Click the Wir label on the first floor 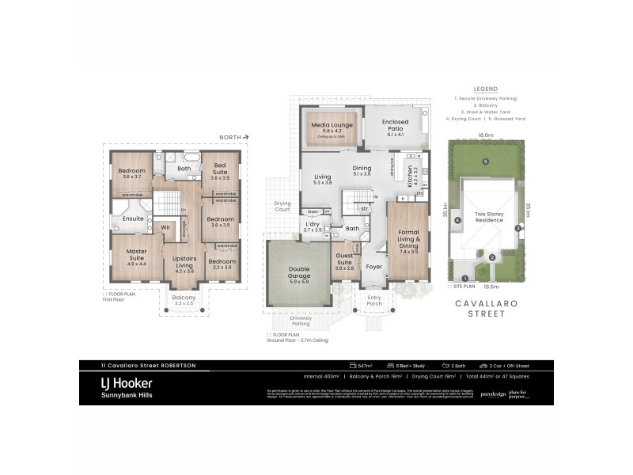(x=165, y=227)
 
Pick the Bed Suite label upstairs (x=219, y=169)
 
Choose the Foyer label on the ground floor (x=373, y=267)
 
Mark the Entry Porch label (x=373, y=301)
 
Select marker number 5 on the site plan (x=485, y=161)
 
